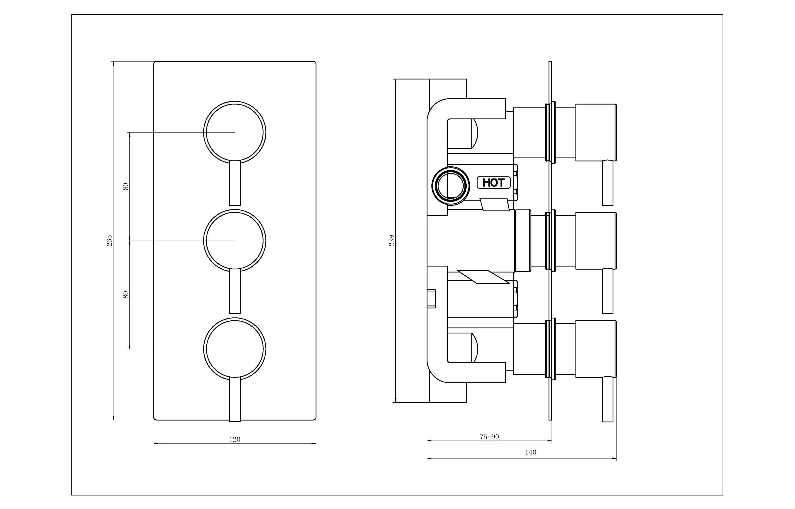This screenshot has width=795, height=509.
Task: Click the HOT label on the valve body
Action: coord(494,182)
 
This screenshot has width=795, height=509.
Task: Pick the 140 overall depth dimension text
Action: coord(531,452)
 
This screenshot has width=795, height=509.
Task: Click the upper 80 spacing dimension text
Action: coord(125,186)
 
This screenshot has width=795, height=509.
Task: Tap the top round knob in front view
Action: coord(235,132)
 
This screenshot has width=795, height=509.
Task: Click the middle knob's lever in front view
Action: coord(235,291)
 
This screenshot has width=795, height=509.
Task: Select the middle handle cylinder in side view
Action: coord(596,241)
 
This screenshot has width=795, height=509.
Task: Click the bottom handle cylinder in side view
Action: coord(596,349)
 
